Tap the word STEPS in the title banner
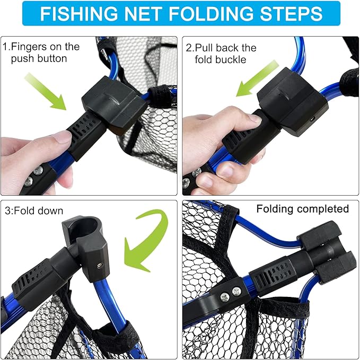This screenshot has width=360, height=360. (289, 14)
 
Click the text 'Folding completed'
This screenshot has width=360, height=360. (302, 208)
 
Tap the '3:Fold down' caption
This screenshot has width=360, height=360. (33, 210)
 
